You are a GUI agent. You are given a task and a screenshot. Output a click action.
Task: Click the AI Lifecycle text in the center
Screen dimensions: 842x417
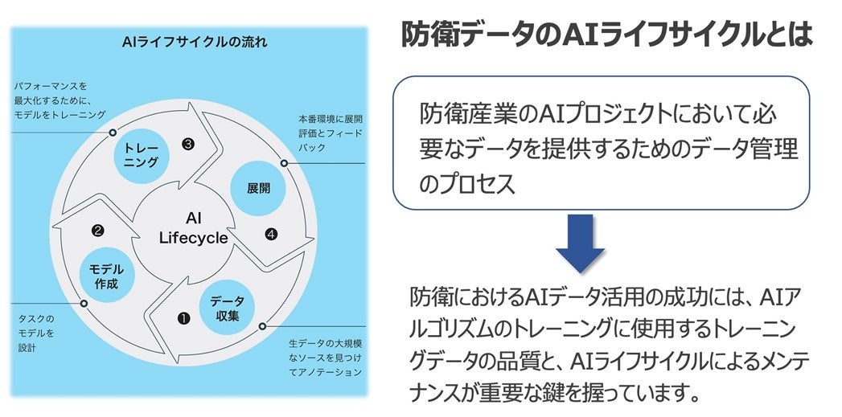[x=193, y=228]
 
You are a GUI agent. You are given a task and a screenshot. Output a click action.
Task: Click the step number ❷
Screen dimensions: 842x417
[x=98, y=231]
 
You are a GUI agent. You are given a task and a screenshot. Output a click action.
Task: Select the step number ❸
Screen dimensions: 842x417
[x=187, y=145]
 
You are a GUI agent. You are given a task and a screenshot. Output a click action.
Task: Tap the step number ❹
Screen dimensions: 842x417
[x=271, y=235]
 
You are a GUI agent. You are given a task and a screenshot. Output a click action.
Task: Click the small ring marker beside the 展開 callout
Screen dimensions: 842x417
[x=284, y=163]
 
